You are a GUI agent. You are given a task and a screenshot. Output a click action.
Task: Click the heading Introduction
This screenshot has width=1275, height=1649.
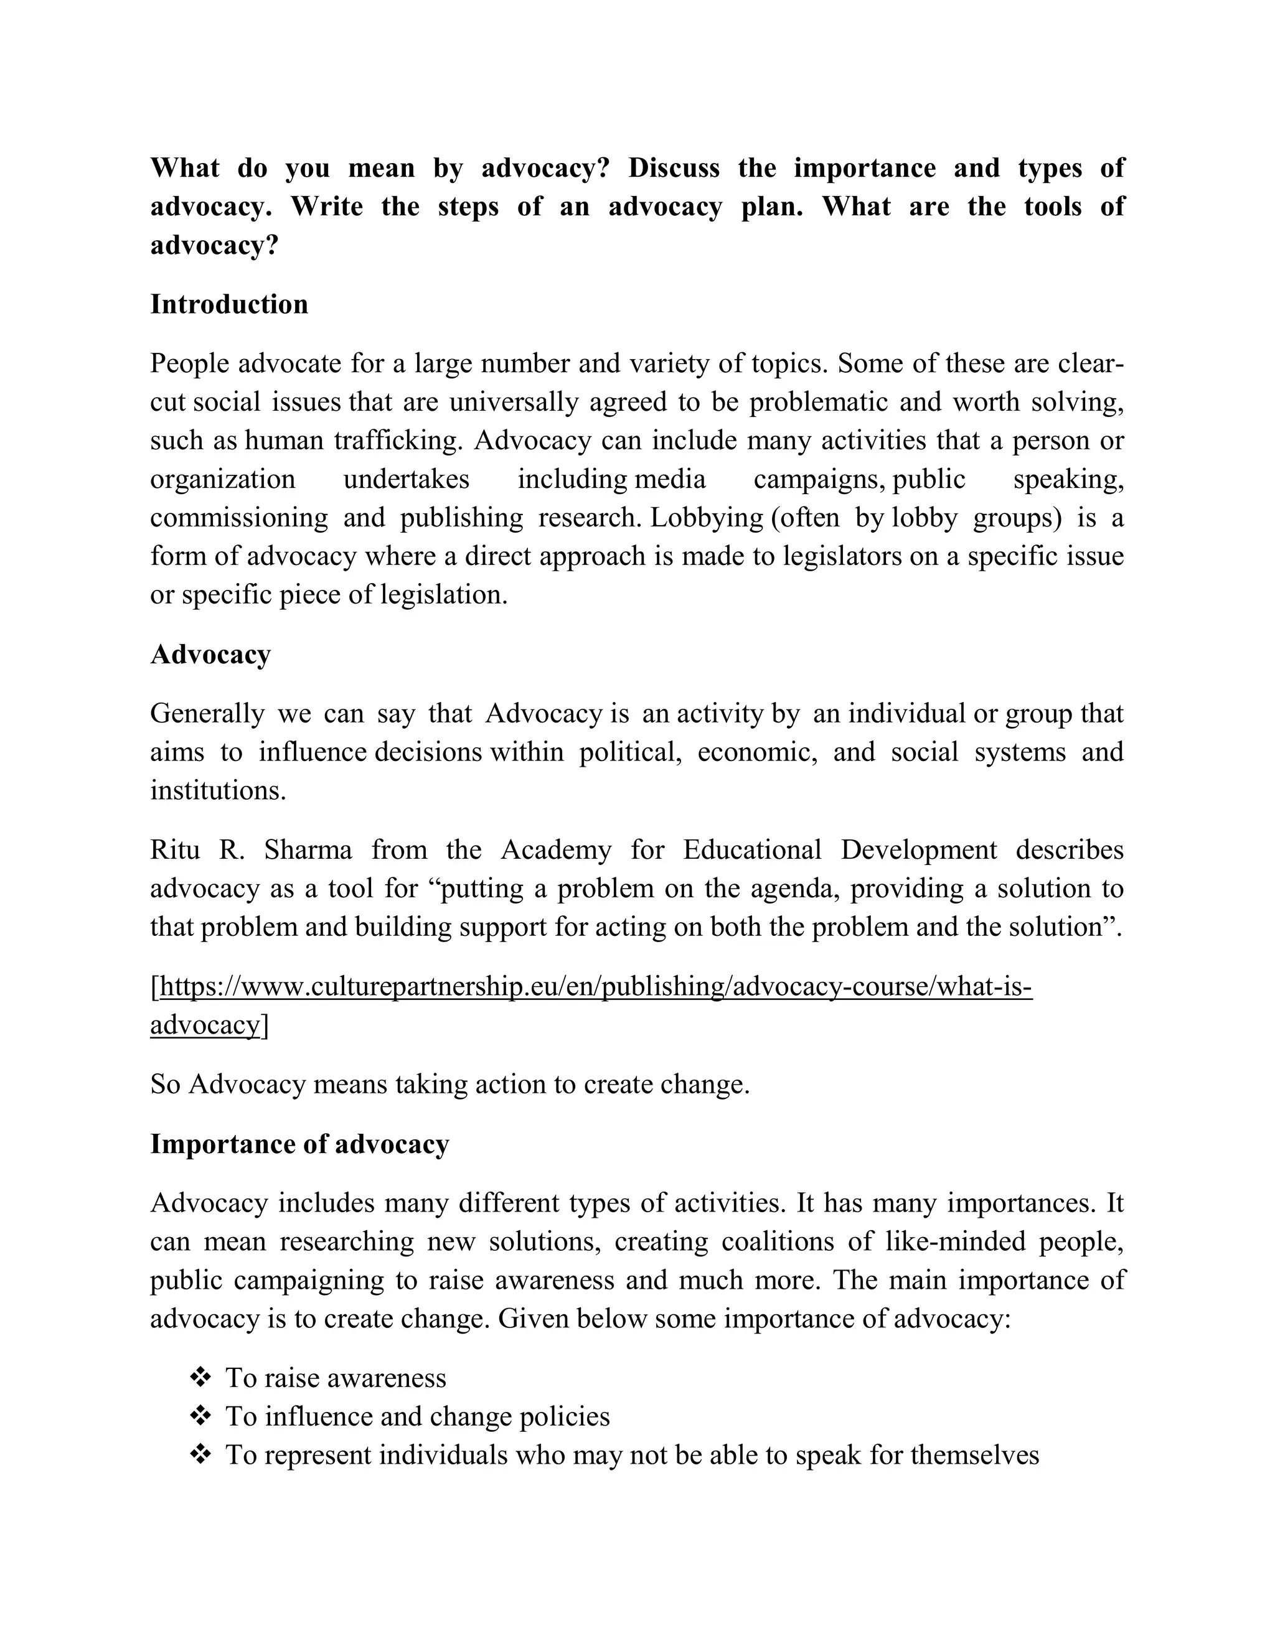(229, 304)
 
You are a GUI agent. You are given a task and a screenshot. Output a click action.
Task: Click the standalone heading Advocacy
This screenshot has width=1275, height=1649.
(210, 655)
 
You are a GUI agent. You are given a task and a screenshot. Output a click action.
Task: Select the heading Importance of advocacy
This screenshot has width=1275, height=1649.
(299, 1144)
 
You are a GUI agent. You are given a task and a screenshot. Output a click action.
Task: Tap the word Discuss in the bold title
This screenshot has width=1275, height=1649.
(674, 167)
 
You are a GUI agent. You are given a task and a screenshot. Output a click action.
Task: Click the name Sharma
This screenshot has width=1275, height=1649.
(308, 850)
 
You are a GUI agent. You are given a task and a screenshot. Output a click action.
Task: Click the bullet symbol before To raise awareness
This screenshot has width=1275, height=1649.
(200, 1378)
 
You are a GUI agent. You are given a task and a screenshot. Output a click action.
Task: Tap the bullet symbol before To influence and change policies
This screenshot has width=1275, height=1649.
(200, 1416)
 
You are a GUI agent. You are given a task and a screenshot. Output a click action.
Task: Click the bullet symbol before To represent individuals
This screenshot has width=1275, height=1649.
(200, 1455)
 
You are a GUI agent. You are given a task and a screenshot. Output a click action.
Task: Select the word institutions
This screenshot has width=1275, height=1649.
(217, 790)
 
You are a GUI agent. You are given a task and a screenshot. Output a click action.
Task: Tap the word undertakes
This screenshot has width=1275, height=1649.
(407, 479)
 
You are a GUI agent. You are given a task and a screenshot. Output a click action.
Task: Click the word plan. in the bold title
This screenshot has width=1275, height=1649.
(771, 207)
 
